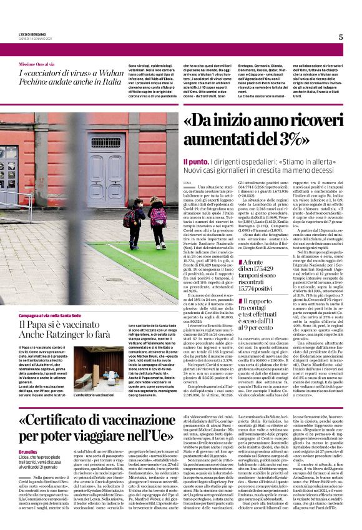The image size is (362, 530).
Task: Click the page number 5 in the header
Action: (x=341, y=37)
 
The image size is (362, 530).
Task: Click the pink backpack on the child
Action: (x=159, y=216)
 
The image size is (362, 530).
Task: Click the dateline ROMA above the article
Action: (x=188, y=182)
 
